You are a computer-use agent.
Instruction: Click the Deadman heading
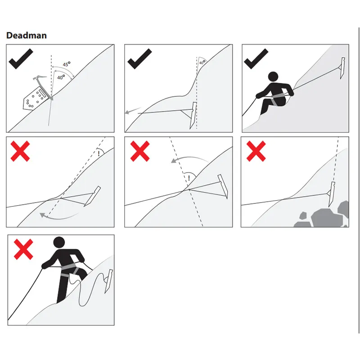[27, 36]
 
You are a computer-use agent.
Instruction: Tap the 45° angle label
[67, 64]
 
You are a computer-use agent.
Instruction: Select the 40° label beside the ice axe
[61, 77]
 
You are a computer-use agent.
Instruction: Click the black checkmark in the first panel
[21, 58]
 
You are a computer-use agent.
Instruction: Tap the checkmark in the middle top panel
[139, 58]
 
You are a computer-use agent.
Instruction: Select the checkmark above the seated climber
[256, 58]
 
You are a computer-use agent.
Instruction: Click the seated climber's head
[273, 77]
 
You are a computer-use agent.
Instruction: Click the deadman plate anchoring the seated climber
[342, 68]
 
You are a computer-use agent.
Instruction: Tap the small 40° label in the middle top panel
[202, 62]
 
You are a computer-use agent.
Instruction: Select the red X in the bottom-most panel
[23, 249]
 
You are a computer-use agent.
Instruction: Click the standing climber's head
[59, 243]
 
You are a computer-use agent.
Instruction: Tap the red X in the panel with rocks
[256, 151]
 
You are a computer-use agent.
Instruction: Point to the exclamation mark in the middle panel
[189, 178]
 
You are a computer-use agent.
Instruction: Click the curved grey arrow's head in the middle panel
[175, 160]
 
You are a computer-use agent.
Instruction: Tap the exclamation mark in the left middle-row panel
[99, 153]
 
